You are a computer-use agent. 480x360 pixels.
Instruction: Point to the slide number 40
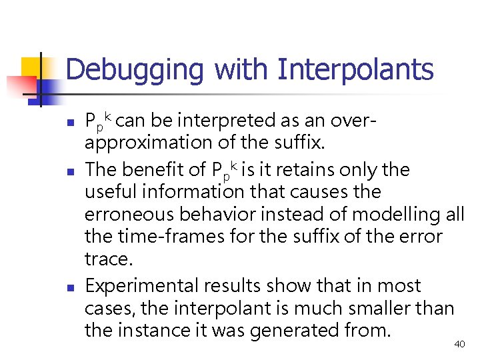click(x=459, y=344)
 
